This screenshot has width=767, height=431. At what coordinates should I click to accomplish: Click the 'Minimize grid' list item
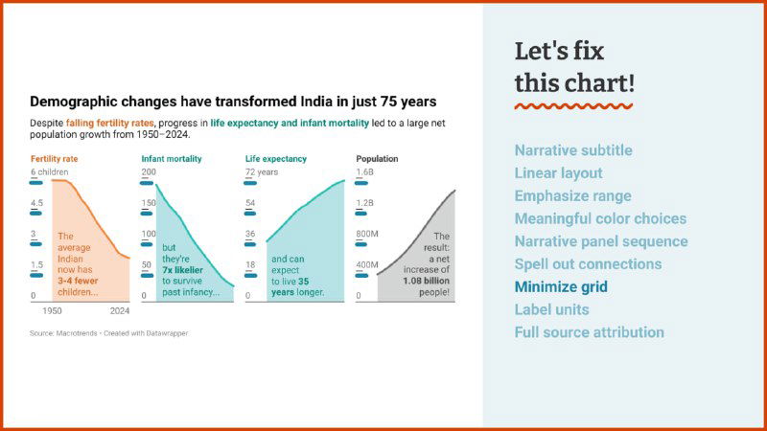coord(561,286)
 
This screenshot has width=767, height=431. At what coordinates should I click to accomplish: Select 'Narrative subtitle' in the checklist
coord(573,150)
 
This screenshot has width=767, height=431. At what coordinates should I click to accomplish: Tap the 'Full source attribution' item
coord(589,332)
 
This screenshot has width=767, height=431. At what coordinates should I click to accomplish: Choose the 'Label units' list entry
coord(551,309)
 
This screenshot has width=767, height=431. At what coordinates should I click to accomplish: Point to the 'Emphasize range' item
coord(572,195)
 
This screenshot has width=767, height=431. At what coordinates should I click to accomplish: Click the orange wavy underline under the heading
coord(573,105)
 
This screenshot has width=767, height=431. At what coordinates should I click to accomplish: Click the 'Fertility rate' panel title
coord(54,158)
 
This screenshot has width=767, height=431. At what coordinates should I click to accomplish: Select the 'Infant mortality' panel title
coord(171,158)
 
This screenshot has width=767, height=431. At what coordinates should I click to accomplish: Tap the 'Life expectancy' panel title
coord(276,158)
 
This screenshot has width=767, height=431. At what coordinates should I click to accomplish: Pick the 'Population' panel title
coord(377,158)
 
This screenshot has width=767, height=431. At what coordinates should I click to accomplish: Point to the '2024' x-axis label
coord(119,311)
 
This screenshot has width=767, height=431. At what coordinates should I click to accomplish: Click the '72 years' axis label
coord(262,172)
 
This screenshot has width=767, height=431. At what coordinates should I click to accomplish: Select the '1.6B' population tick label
coord(365,172)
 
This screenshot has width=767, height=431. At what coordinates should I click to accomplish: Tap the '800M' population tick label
coord(368,234)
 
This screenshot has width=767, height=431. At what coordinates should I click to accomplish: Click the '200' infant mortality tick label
coord(149,172)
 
